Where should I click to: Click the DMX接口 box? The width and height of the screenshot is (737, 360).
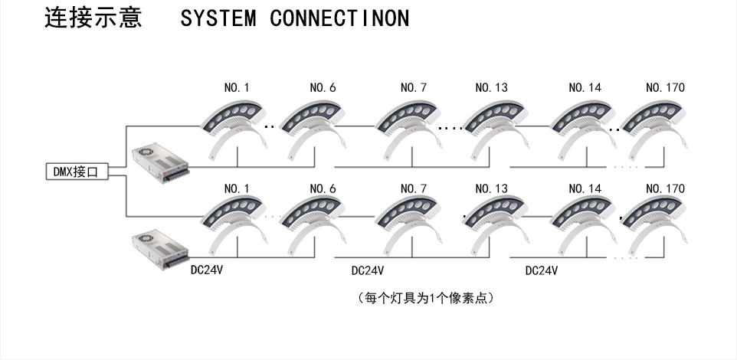75,172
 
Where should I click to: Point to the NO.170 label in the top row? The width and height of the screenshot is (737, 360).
665,88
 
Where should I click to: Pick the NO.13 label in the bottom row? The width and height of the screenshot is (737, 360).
491,188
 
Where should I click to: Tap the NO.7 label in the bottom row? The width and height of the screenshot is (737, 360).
413,188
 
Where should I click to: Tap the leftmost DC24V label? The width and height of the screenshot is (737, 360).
207,270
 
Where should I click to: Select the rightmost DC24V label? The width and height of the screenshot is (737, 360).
541,270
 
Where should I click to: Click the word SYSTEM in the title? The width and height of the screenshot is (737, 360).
218,19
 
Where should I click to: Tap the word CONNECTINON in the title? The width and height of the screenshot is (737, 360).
339,19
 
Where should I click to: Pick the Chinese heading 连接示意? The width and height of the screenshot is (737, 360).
93,18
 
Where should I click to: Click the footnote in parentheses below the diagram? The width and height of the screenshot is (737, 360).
425,297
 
